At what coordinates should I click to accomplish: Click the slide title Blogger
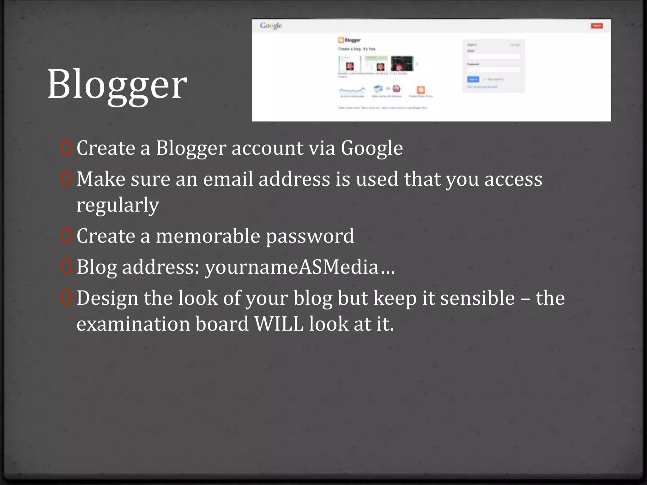click(x=117, y=85)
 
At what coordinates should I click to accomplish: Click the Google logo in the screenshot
click(x=271, y=26)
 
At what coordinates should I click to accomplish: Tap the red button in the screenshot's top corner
click(x=597, y=26)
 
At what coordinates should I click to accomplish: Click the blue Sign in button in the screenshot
click(x=473, y=79)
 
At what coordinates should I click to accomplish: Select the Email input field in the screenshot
click(x=494, y=57)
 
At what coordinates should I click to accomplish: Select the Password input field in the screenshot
click(x=494, y=69)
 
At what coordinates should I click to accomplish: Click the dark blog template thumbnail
click(x=402, y=64)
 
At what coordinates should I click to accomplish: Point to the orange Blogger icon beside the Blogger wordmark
click(x=341, y=40)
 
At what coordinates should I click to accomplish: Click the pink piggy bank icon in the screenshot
click(x=396, y=89)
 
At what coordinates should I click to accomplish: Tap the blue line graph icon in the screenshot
click(x=352, y=91)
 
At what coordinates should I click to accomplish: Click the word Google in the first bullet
click(x=372, y=148)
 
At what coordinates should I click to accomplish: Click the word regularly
click(x=118, y=205)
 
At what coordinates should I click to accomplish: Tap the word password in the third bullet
click(x=310, y=237)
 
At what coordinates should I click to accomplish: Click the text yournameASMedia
click(x=292, y=267)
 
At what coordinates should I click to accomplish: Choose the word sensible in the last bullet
click(x=477, y=298)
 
